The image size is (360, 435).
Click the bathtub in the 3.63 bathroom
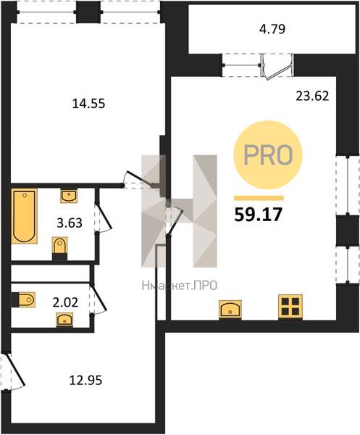[x=24, y=216]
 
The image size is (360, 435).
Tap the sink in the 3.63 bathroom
[x=69, y=196]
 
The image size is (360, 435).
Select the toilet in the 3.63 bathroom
[x=59, y=246]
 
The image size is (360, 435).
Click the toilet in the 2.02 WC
[x=26, y=299]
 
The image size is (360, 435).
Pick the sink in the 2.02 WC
[x=64, y=320]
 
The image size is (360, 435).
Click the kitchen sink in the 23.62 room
[x=230, y=309]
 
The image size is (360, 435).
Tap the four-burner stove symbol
[x=290, y=307]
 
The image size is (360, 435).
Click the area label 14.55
[x=88, y=104]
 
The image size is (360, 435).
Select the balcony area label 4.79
[x=272, y=29]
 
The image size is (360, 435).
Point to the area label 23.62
[x=312, y=96]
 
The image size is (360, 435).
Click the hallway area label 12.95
[x=85, y=381]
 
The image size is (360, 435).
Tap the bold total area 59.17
[x=259, y=215]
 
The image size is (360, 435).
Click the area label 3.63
[x=70, y=223]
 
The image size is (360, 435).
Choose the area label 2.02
[x=65, y=302]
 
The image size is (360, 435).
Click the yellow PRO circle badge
[x=268, y=155]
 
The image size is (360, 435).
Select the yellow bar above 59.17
[x=259, y=198]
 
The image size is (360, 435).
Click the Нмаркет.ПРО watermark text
[x=180, y=286]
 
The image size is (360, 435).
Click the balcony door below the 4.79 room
[x=277, y=67]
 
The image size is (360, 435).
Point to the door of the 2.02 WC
[x=98, y=299]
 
